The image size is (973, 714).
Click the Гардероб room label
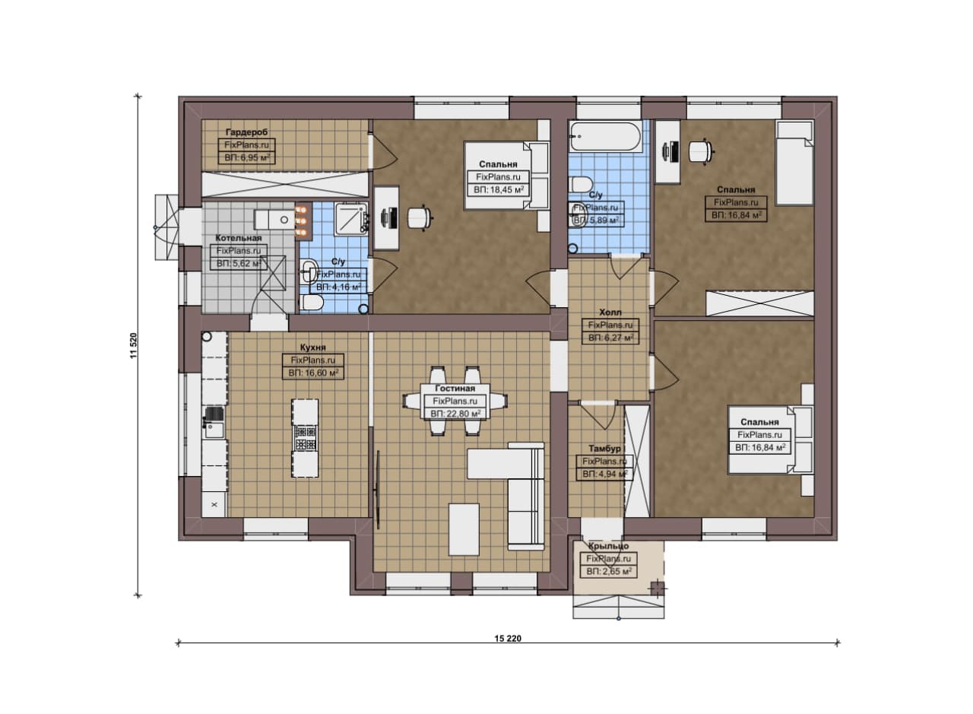click(247, 132)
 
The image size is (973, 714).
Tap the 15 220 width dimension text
click(508, 639)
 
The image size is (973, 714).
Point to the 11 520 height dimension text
click(134, 345)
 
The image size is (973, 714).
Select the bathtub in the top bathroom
click(605, 136)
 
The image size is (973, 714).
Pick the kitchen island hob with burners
click(305, 438)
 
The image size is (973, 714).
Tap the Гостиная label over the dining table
click(455, 389)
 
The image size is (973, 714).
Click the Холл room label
click(610, 312)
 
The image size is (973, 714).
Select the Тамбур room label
click(604, 448)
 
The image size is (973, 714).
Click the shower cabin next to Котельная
click(351, 218)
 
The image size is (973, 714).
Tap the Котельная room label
click(239, 238)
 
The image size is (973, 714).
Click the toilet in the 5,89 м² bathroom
click(580, 184)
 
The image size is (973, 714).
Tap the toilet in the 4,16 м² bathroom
click(311, 303)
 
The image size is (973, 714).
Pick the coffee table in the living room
click(464, 529)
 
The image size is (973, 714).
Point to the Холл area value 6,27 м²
click(610, 338)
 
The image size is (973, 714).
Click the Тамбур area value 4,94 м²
click(604, 474)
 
